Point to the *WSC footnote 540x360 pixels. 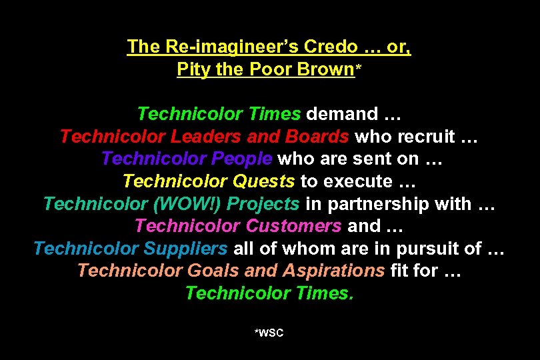tap(269, 332)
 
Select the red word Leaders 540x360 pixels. tap(206, 137)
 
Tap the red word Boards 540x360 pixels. tap(317, 137)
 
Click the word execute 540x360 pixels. tap(361, 181)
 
